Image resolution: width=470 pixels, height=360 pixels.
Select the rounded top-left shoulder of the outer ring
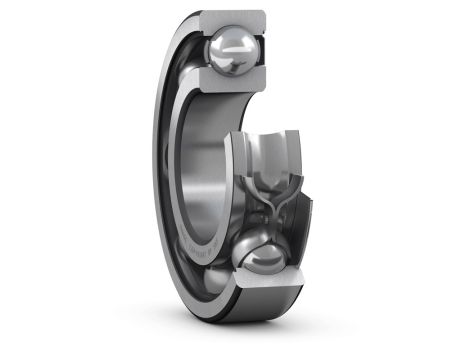200,20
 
